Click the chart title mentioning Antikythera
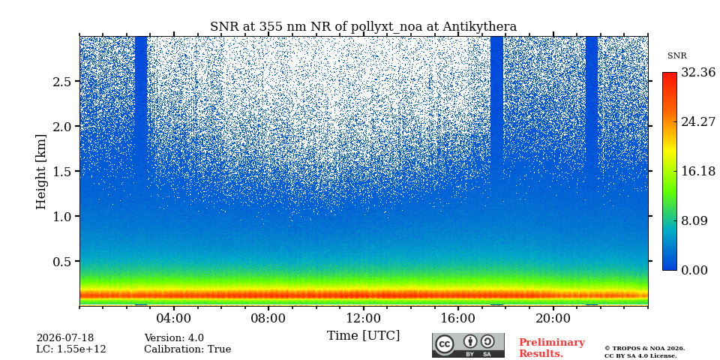click(x=363, y=27)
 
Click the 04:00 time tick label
click(x=174, y=318)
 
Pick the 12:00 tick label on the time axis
click(x=364, y=318)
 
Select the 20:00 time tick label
click(x=553, y=318)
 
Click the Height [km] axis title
click(x=41, y=172)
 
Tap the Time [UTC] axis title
click(x=363, y=336)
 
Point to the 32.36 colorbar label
click(x=698, y=73)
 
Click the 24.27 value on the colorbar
click(x=698, y=122)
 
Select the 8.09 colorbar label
click(x=694, y=220)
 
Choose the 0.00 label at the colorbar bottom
click(x=694, y=271)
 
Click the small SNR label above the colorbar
click(x=676, y=56)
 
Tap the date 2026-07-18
click(x=65, y=338)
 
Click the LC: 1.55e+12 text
click(x=71, y=349)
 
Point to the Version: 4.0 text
click(x=174, y=338)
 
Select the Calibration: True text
click(x=187, y=349)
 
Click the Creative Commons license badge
click(x=468, y=345)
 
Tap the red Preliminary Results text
click(x=552, y=348)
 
